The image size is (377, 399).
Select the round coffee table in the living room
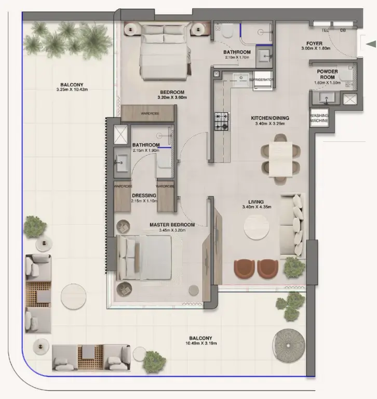[x=258, y=227]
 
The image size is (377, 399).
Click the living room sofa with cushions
[x=292, y=225]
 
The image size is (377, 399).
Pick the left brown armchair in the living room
[x=244, y=268]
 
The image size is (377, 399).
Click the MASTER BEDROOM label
[x=172, y=224]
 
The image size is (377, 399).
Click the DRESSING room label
[x=143, y=195]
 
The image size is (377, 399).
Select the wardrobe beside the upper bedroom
[x=148, y=113]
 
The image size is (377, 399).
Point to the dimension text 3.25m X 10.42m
[x=72, y=90]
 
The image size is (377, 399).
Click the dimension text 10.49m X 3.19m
[x=203, y=343]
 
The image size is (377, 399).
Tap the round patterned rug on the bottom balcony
[x=288, y=344]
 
